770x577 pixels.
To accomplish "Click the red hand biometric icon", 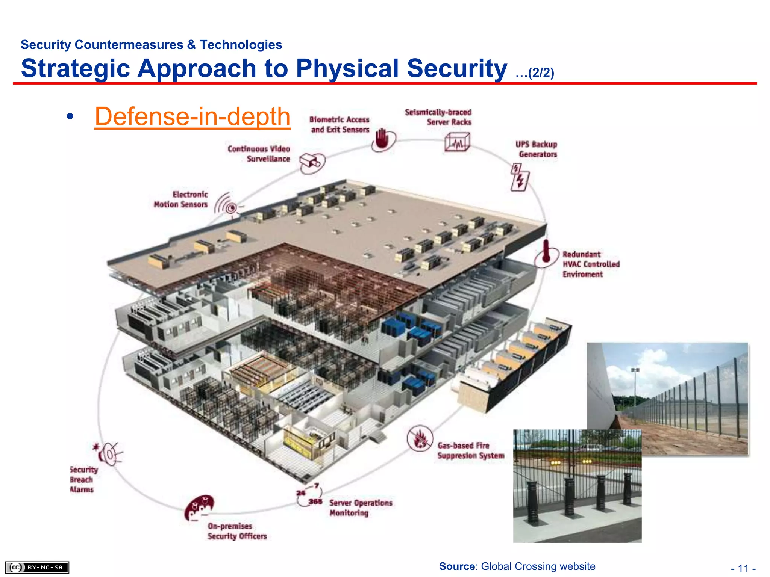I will pyautogui.click(x=382, y=139).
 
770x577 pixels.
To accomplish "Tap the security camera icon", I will pyautogui.click(x=312, y=162).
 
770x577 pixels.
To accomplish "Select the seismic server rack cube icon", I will pyautogui.click(x=457, y=142).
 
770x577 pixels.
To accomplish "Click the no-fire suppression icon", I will pyautogui.click(x=420, y=438).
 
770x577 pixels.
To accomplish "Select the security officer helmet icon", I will pyautogui.click(x=199, y=507).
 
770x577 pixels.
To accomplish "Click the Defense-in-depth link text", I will pyautogui.click(x=192, y=116).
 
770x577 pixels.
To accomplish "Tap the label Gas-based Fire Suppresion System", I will pyautogui.click(x=470, y=450).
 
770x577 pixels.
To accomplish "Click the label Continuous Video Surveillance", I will pyautogui.click(x=259, y=154).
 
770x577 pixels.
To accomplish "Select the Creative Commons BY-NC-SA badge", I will pyautogui.click(x=37, y=567).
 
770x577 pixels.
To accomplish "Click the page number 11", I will pyautogui.click(x=743, y=568).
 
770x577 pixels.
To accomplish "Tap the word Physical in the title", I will pyautogui.click(x=347, y=68).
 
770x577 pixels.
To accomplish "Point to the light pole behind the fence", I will pyautogui.click(x=635, y=387).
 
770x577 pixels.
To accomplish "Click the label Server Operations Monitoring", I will pyautogui.click(x=361, y=508).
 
